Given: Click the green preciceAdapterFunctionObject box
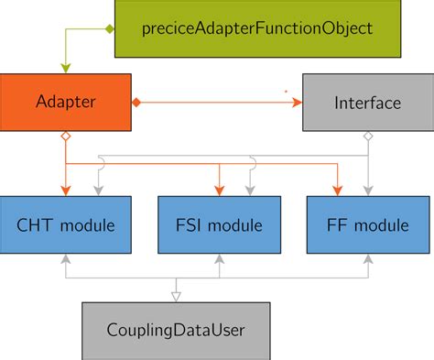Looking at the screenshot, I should click(257, 27).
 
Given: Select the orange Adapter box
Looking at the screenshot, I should click(67, 102).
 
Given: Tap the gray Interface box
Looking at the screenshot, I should click(367, 102).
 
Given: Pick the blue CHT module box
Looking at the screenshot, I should click(67, 224).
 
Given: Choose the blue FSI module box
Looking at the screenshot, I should click(218, 224).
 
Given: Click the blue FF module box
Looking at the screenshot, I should click(367, 224).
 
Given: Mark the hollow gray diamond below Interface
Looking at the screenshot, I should click(367, 136).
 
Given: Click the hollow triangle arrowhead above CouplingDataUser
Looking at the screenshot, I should click(177, 295).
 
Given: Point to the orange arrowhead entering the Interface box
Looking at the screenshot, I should click(299, 102).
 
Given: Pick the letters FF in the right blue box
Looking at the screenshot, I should click(337, 224).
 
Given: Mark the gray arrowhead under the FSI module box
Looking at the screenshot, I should click(218, 260).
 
